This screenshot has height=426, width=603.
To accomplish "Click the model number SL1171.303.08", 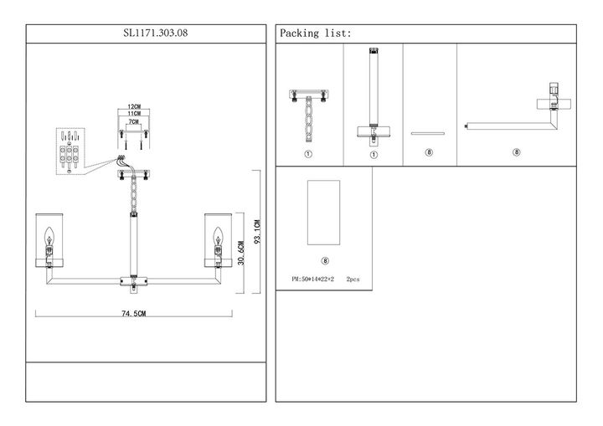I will (x=146, y=33).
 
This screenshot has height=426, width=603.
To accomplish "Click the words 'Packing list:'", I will (x=316, y=33).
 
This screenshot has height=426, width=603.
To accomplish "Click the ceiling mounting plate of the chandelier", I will (x=133, y=173).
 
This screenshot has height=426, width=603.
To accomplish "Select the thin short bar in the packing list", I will (x=430, y=133).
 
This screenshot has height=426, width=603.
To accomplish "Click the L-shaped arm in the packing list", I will (x=519, y=117).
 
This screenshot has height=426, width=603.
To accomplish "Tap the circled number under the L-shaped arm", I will (x=517, y=152).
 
